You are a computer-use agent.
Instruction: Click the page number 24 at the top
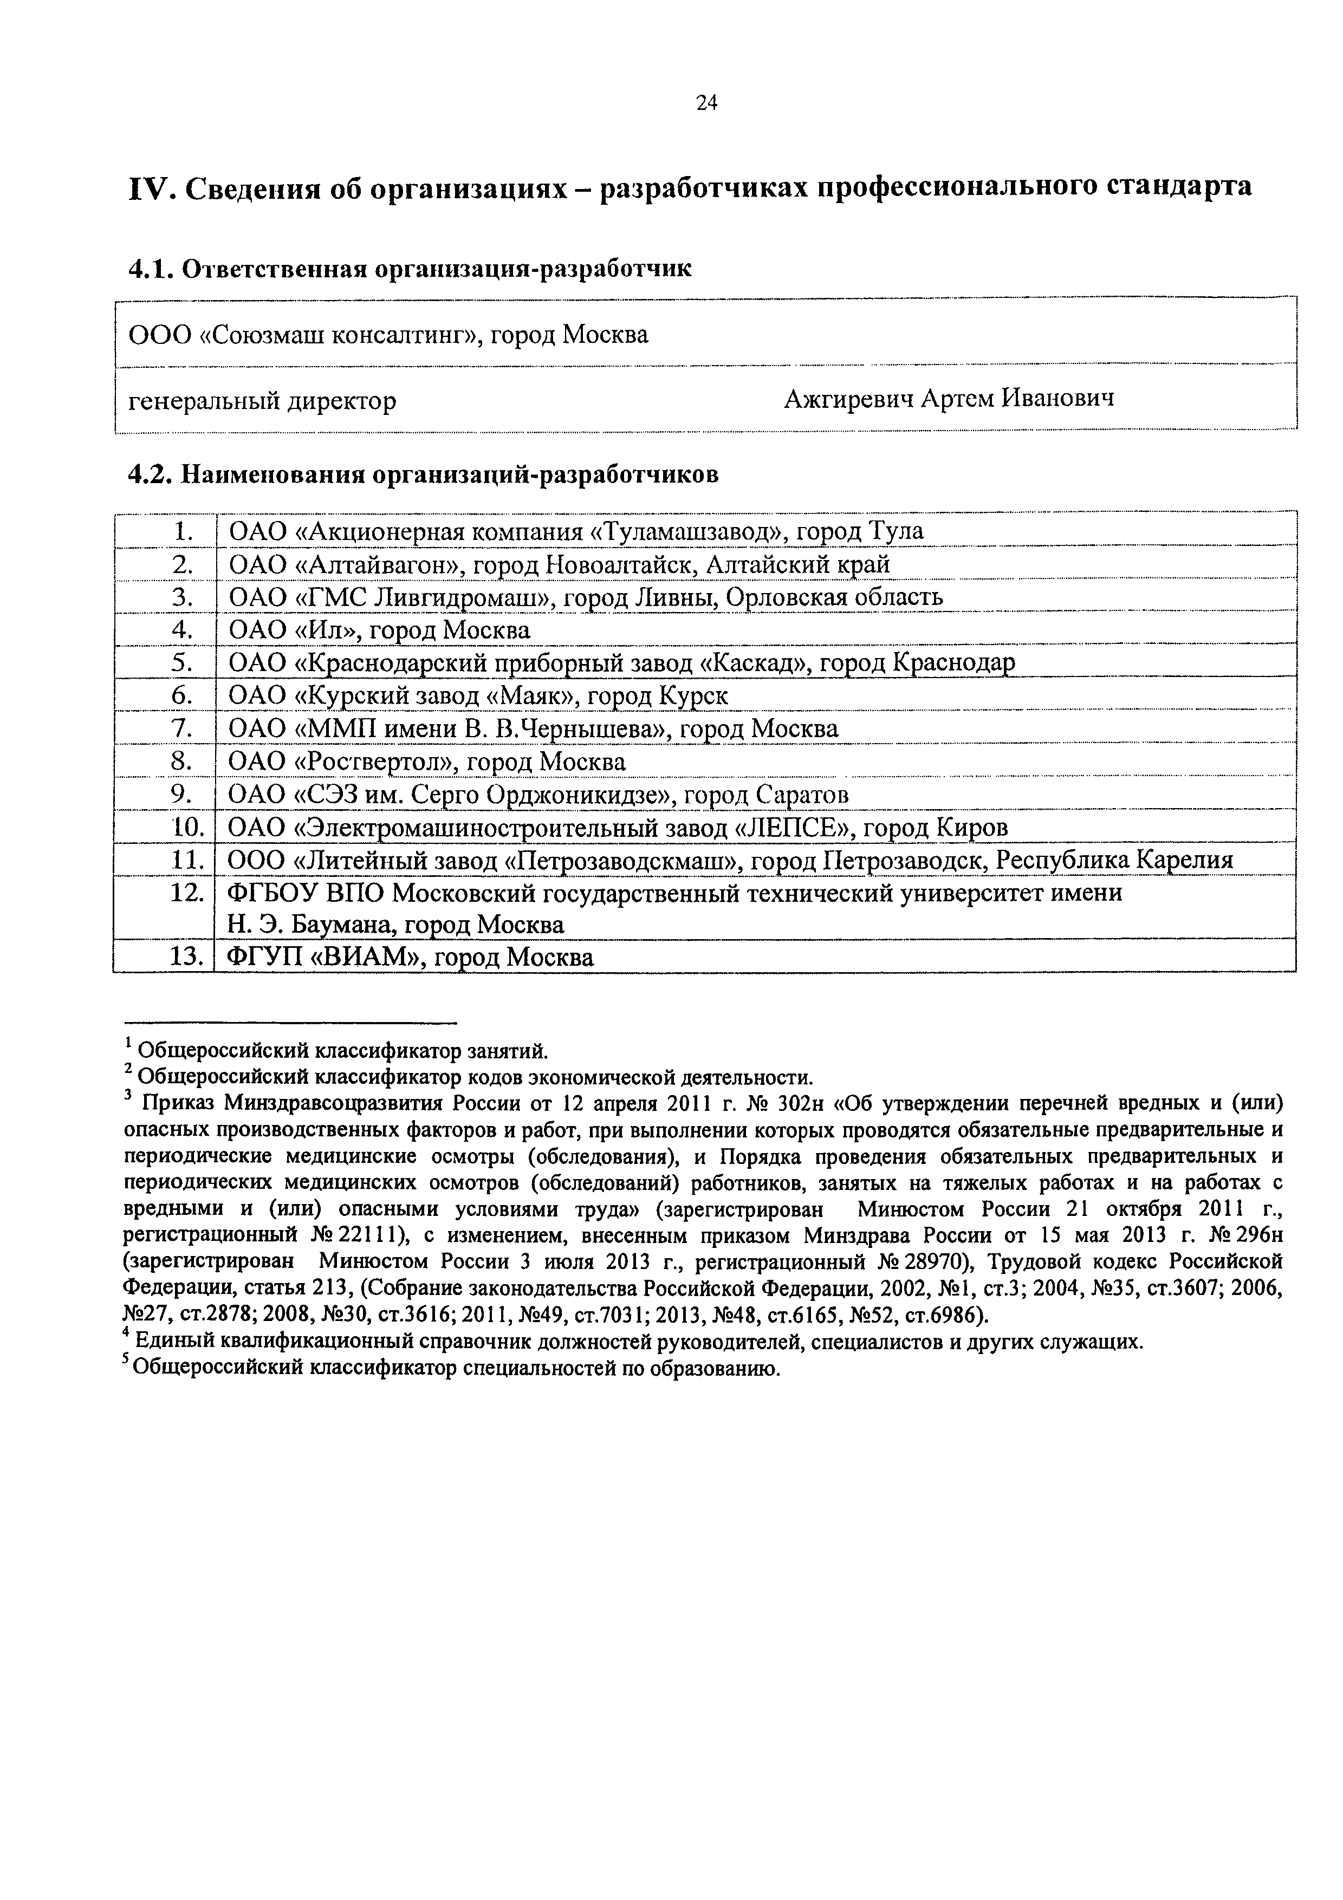pyautogui.click(x=706, y=102)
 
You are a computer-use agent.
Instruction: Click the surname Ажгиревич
pyautogui.click(x=848, y=399)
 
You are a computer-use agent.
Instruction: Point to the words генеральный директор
pyautogui.click(x=262, y=401)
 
